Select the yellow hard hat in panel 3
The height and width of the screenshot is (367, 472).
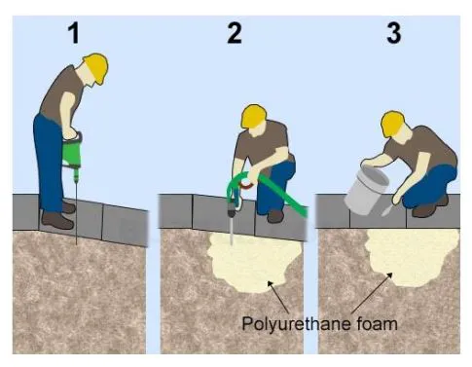tap(393, 124)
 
